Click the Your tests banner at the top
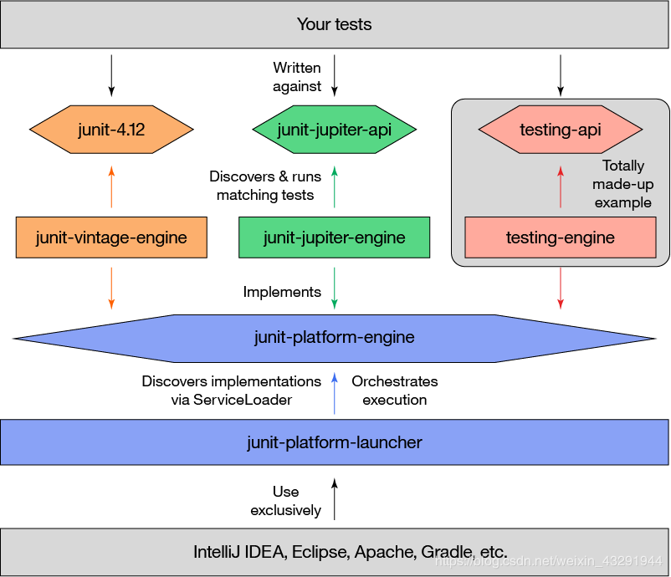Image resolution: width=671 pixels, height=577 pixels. click(335, 24)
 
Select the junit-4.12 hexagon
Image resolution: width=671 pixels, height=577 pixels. click(111, 130)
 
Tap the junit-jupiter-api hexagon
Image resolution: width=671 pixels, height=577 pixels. click(335, 130)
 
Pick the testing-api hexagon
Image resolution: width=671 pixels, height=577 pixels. click(560, 130)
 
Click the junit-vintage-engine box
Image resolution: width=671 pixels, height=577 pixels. click(111, 237)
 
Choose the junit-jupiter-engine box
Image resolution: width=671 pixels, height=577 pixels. click(335, 237)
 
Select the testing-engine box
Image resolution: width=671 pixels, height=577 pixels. click(560, 237)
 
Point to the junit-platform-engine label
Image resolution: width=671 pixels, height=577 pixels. click(335, 338)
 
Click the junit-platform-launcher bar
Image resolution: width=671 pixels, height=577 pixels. click(335, 442)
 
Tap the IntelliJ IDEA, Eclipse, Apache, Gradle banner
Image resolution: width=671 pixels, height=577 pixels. click(335, 552)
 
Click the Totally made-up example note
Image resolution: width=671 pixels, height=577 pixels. click(623, 184)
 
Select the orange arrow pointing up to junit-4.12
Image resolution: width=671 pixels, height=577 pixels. click(111, 186)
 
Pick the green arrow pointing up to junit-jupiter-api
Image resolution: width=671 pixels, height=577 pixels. click(335, 186)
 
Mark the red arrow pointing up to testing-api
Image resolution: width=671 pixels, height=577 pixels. click(561, 186)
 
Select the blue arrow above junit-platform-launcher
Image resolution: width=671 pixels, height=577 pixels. click(335, 393)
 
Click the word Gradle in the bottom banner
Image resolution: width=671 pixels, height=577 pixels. click(445, 553)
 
